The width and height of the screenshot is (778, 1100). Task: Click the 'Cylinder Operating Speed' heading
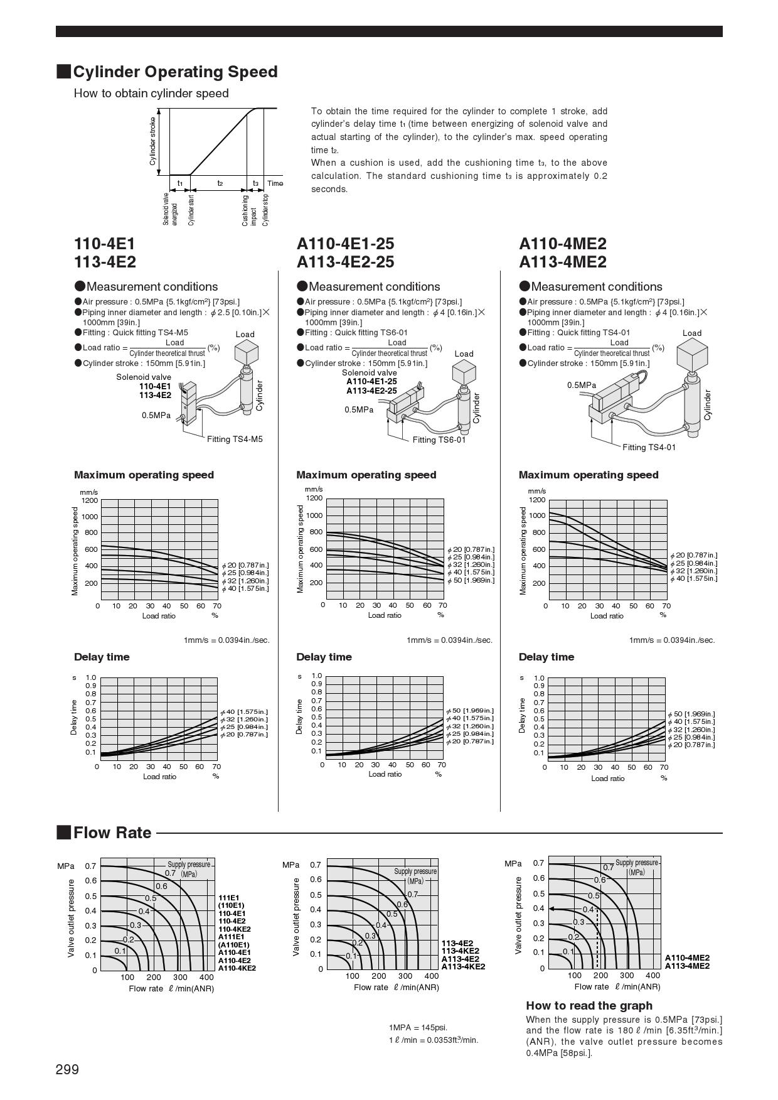(x=175, y=72)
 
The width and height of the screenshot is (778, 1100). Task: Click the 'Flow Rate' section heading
(x=112, y=833)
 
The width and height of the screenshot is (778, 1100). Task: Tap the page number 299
(x=67, y=1069)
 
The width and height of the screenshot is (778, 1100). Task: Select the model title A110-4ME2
(x=562, y=244)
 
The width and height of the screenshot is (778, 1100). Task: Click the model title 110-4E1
(x=104, y=244)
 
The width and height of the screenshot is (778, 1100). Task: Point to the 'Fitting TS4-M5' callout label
(x=235, y=439)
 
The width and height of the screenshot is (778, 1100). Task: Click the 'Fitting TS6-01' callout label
(x=439, y=439)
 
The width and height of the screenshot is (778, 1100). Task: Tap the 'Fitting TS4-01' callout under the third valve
(x=649, y=447)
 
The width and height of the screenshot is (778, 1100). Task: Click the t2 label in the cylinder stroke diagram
(x=220, y=183)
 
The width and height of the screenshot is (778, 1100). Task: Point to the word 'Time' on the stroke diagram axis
(x=275, y=183)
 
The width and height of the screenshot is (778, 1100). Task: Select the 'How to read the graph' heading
(x=580, y=1005)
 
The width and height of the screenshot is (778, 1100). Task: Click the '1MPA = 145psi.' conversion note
(x=418, y=1027)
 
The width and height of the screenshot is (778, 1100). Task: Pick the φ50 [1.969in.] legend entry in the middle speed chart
(x=471, y=580)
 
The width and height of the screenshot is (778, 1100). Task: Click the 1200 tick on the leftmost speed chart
(x=89, y=500)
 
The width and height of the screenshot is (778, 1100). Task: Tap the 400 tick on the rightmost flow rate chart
(x=653, y=975)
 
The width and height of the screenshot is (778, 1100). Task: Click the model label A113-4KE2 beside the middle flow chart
(x=463, y=966)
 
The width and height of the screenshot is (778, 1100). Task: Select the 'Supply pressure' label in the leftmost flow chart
(x=189, y=865)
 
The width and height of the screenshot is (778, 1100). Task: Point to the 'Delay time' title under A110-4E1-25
(x=324, y=657)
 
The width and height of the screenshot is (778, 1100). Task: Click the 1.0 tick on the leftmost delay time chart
(x=91, y=677)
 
